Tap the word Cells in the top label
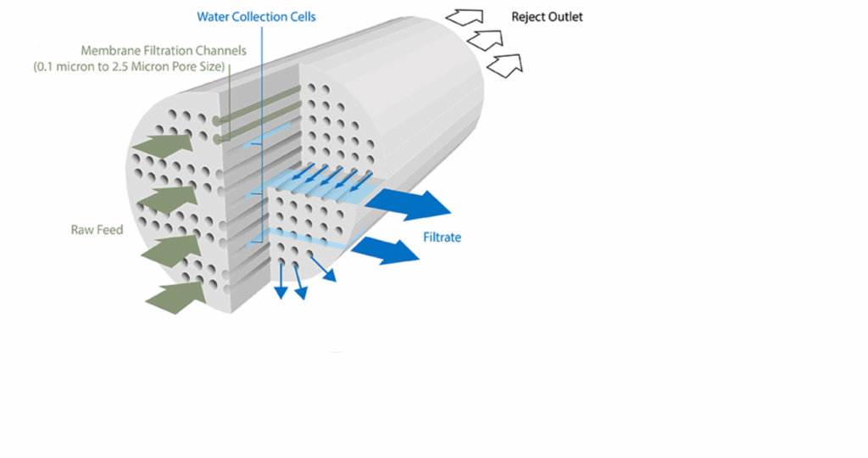click(303, 17)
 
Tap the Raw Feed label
click(97, 230)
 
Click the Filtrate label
click(442, 237)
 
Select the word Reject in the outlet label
click(527, 17)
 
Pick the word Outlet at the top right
click(565, 17)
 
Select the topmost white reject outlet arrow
click(465, 18)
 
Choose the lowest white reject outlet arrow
click(505, 66)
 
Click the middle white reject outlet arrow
click(485, 41)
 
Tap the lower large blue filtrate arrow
click(386, 250)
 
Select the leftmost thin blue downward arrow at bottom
click(281, 282)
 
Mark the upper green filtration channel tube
click(257, 104)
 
